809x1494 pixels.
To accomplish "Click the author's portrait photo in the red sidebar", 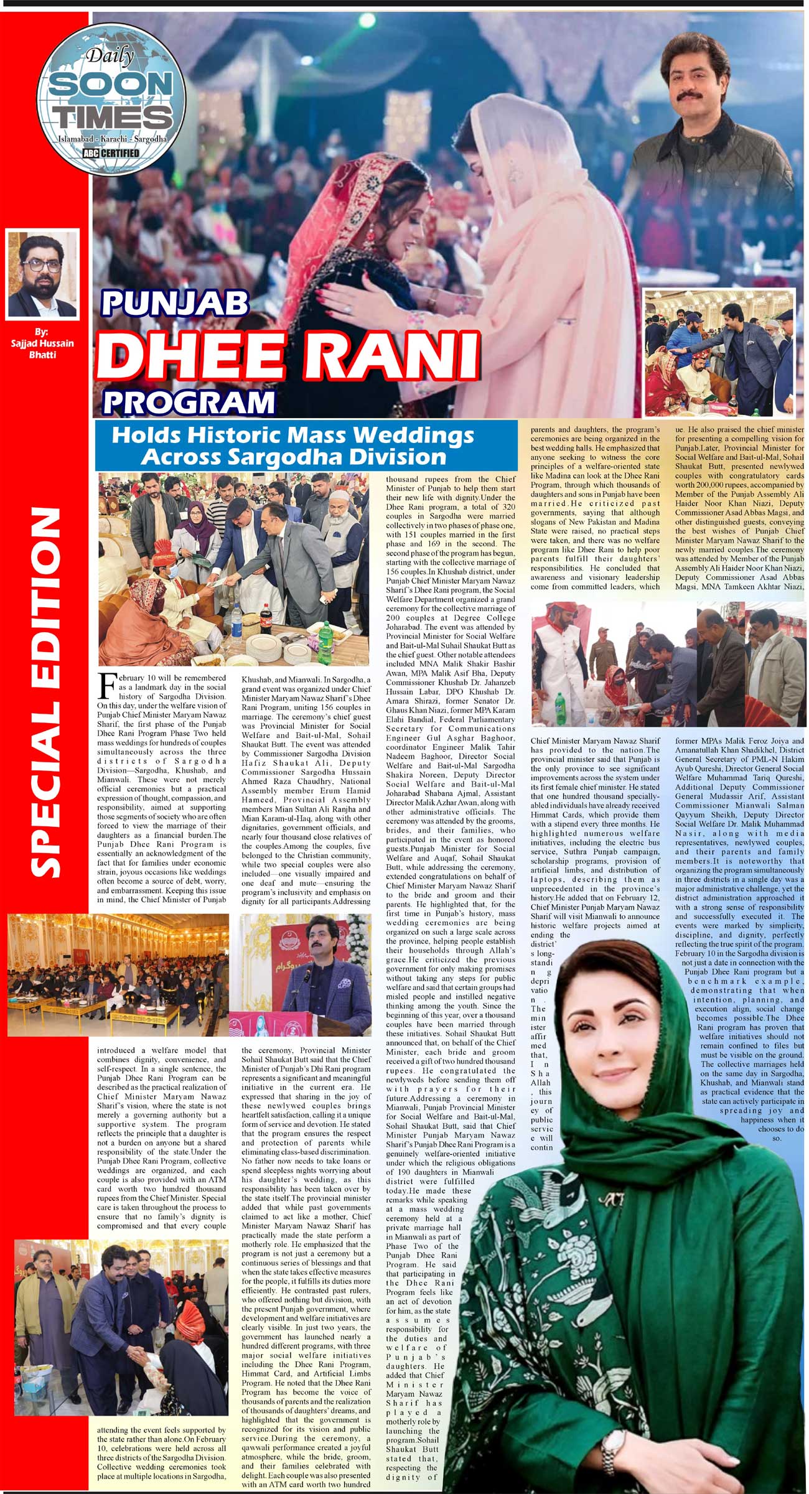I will click(43, 274).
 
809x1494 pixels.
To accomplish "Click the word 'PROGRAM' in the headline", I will click(189, 401).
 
